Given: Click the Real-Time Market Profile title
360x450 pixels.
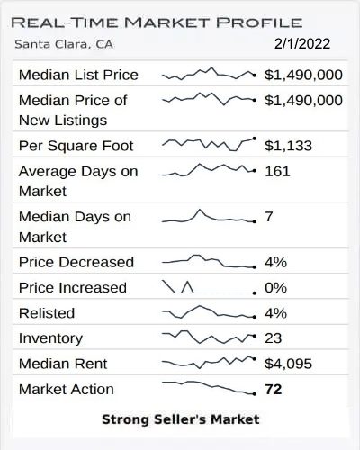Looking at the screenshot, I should click(x=157, y=22).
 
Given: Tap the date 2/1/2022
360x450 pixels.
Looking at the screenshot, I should click(x=301, y=42).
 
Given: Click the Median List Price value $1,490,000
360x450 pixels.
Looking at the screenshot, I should click(x=303, y=75).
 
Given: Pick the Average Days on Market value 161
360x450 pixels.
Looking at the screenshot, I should click(x=277, y=170).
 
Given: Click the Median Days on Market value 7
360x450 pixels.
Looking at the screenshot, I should click(x=269, y=217).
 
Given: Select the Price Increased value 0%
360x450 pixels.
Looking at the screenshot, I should click(x=275, y=288).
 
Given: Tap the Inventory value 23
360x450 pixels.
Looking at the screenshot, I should click(x=274, y=338).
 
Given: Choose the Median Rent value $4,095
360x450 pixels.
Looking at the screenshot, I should click(x=289, y=364).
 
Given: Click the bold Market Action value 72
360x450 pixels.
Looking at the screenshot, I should click(x=274, y=390).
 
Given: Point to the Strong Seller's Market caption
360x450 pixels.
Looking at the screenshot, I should click(x=180, y=418).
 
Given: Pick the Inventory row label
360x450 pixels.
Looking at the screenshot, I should click(x=50, y=338).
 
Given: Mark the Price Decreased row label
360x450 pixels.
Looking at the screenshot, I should click(x=76, y=262).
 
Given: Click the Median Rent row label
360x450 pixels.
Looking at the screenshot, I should click(x=63, y=364).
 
